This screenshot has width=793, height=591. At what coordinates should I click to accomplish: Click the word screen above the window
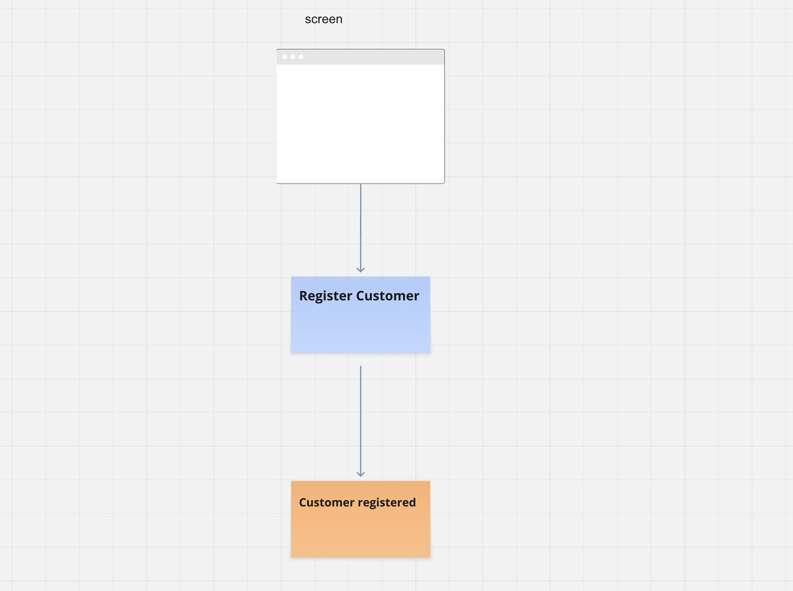pyautogui.click(x=324, y=20)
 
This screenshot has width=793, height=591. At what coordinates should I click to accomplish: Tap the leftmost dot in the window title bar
pyautogui.click(x=285, y=57)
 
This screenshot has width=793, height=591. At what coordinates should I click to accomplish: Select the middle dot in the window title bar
pyautogui.click(x=293, y=57)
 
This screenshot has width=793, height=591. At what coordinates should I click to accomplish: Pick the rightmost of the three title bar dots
pyautogui.click(x=301, y=57)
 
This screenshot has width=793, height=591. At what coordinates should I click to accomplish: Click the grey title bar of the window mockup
pyautogui.click(x=372, y=57)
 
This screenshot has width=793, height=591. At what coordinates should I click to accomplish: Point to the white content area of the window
pyautogui.click(x=360, y=124)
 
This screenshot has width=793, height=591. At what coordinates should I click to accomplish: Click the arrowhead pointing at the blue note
pyautogui.click(x=361, y=269)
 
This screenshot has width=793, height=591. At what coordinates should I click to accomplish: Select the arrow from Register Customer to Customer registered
pyautogui.click(x=361, y=420)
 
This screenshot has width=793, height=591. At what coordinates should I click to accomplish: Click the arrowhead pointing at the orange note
pyautogui.click(x=361, y=474)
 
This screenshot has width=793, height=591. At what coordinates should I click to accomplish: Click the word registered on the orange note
pyautogui.click(x=386, y=503)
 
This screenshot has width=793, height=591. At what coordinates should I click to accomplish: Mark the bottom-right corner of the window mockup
pyautogui.click(x=444, y=183)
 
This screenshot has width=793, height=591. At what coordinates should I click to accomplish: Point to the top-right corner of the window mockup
pyautogui.click(x=444, y=50)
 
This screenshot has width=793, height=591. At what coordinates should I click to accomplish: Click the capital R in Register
pyautogui.click(x=304, y=296)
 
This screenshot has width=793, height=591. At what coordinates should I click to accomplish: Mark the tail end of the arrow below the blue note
pyautogui.click(x=361, y=366)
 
